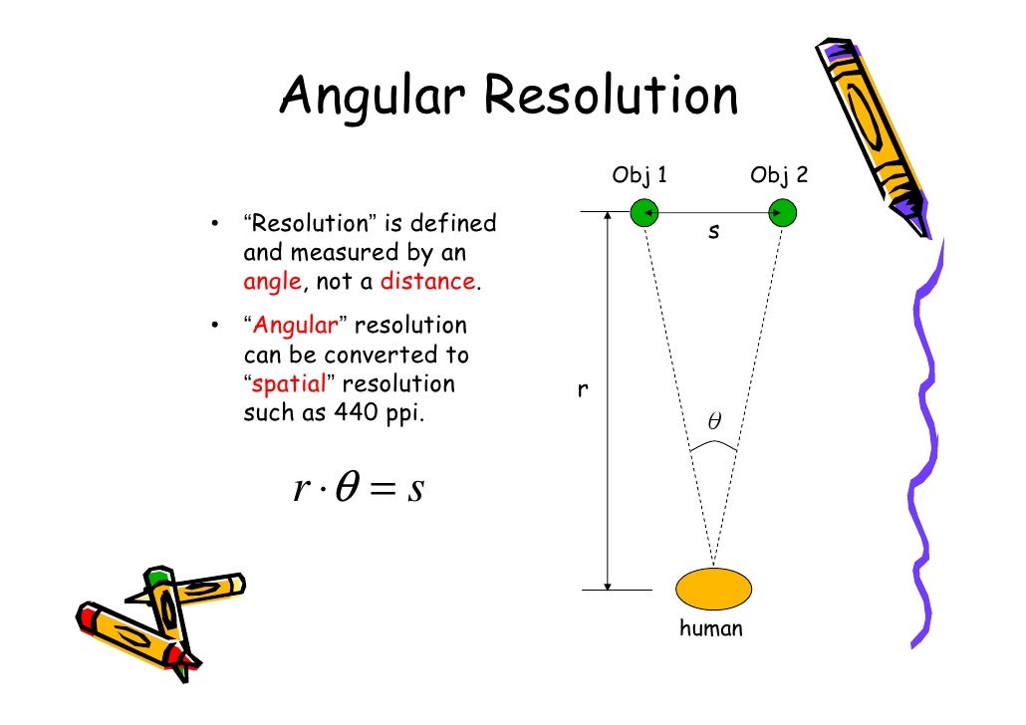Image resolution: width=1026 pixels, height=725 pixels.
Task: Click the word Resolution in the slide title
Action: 611,97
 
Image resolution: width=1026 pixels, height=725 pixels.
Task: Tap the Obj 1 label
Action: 640,176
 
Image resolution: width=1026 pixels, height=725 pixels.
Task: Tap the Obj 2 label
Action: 779,176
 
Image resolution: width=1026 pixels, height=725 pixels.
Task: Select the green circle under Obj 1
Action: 644,211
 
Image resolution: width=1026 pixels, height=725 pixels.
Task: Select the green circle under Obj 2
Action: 783,211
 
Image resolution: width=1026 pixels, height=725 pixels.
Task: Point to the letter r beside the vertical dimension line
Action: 583,391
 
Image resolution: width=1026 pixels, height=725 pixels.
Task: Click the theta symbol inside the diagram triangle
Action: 713,422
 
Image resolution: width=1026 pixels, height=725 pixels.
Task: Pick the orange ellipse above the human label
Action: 713,589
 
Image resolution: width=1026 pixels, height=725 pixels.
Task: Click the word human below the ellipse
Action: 710,628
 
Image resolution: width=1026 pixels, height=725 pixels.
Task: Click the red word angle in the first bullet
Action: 271,282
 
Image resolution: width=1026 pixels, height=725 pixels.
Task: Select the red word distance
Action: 427,282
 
